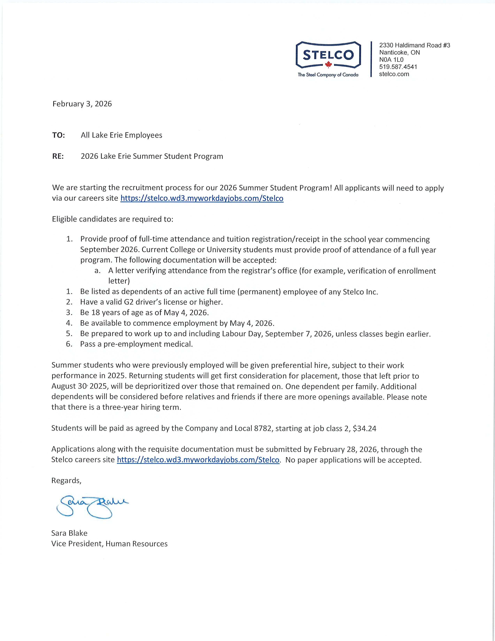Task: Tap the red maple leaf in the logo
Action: click(x=328, y=64)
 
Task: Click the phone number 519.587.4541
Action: click(x=398, y=67)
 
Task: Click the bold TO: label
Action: click(x=58, y=135)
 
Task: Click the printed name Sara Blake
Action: click(x=69, y=533)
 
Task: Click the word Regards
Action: click(x=66, y=480)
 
